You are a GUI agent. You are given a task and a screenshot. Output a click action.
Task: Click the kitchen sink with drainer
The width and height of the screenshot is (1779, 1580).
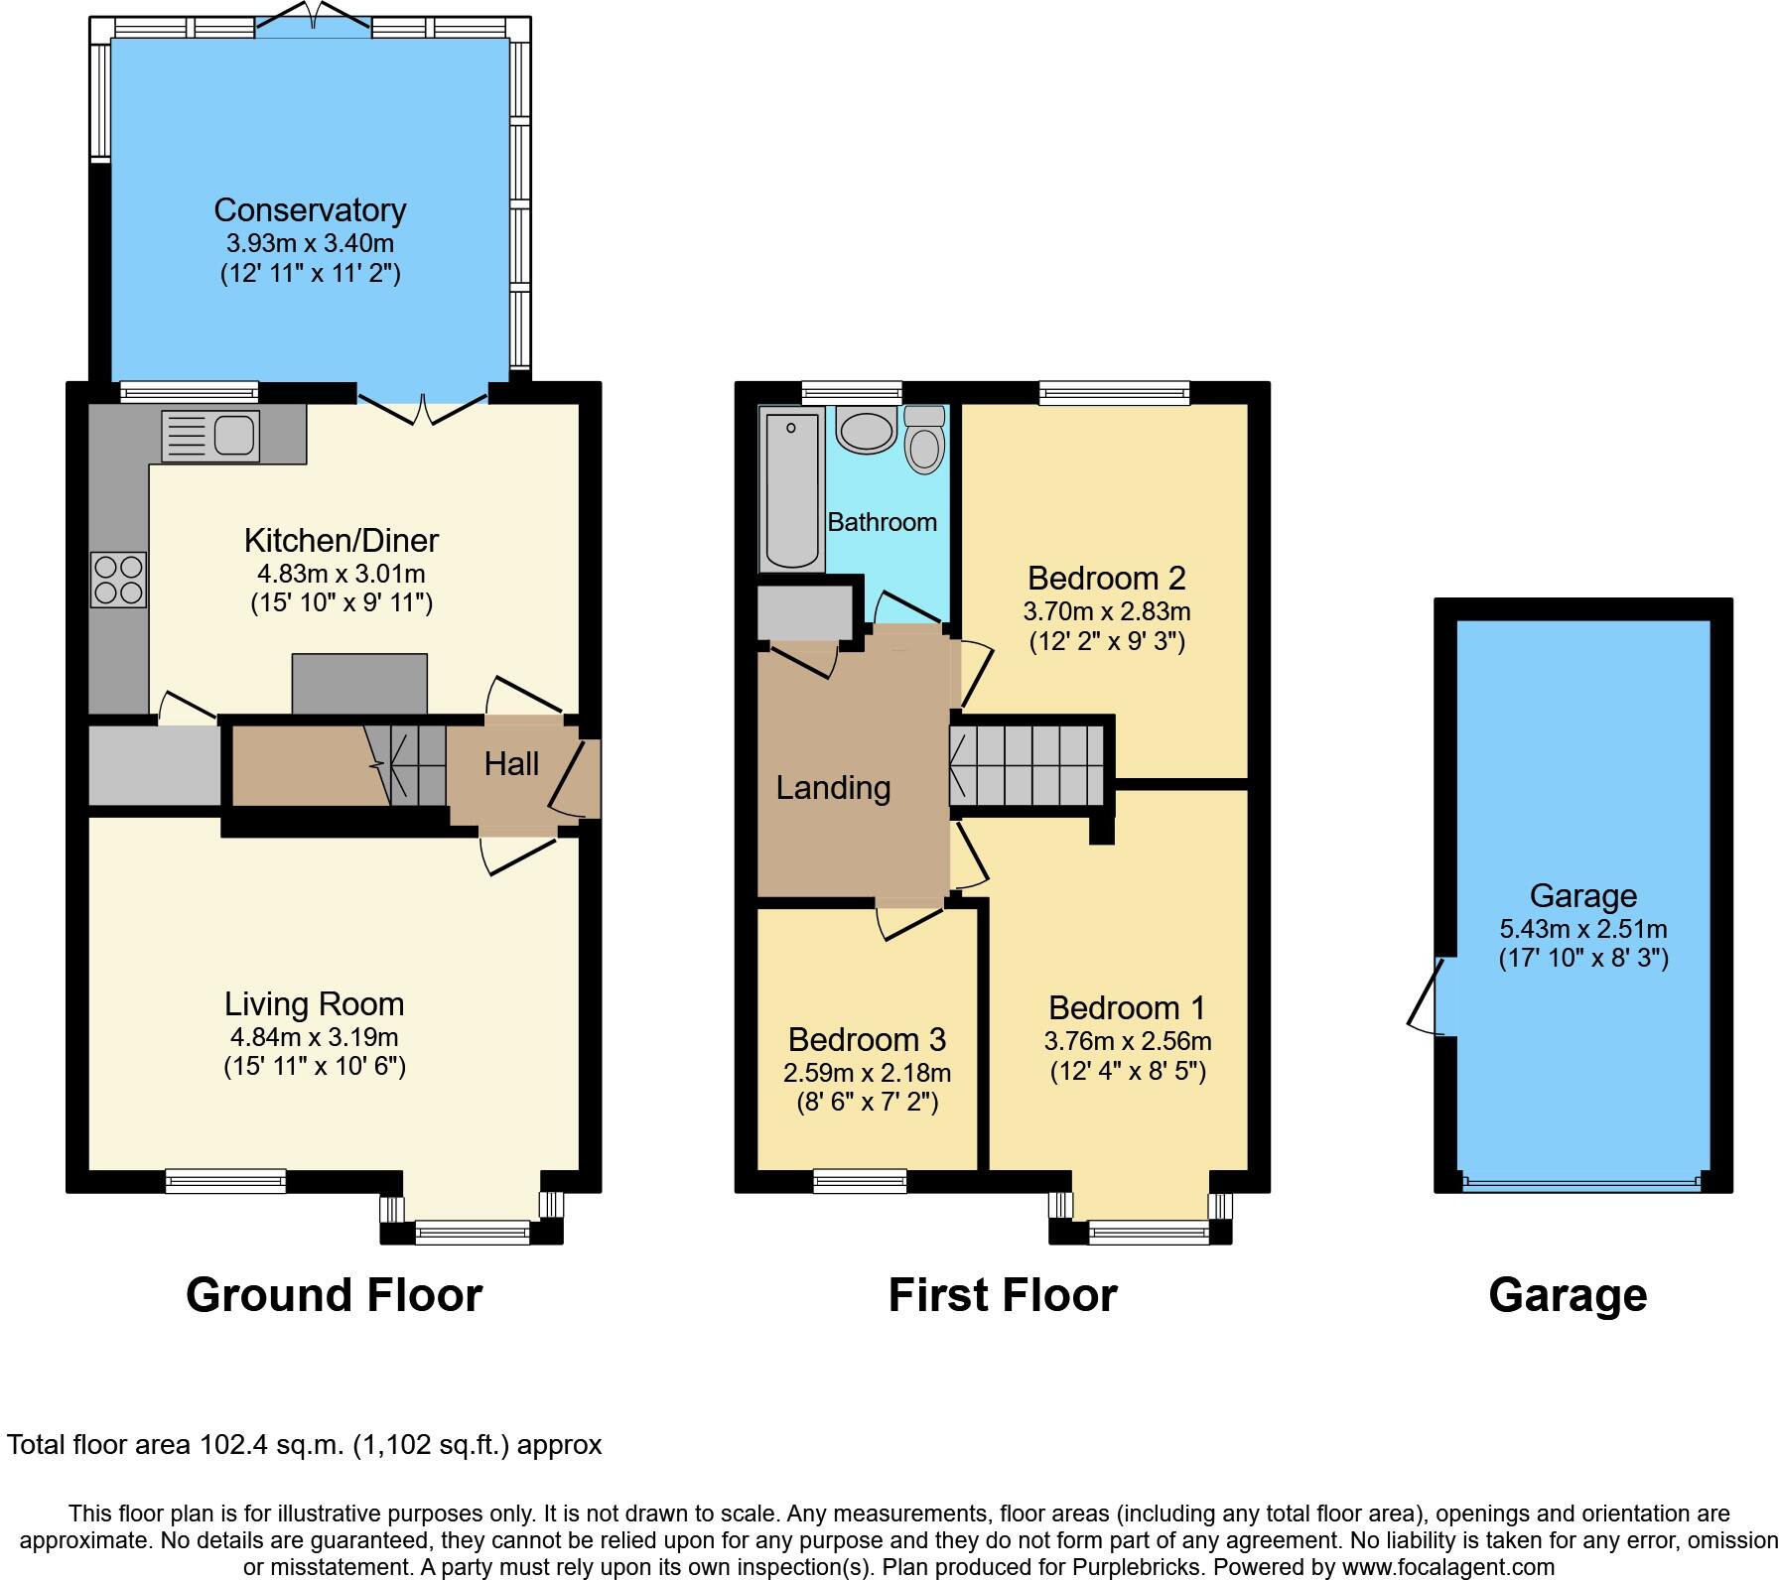[209, 436]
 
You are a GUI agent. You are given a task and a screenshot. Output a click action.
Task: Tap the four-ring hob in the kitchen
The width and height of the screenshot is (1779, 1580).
[118, 580]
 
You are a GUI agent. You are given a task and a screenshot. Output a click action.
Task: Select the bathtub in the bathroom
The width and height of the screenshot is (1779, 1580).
[791, 491]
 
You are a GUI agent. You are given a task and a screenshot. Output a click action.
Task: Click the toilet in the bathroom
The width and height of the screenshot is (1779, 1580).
[925, 440]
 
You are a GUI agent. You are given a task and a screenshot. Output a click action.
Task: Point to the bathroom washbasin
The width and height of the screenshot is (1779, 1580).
[867, 432]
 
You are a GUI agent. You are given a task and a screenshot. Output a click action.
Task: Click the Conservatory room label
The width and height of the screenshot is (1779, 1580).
[310, 210]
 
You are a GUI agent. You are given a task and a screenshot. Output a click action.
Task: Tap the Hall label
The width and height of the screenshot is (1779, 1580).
[511, 763]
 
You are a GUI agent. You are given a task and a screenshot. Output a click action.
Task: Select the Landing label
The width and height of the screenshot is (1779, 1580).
[833, 788]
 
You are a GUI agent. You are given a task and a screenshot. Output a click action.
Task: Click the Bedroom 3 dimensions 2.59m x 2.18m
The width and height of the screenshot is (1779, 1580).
[867, 1073]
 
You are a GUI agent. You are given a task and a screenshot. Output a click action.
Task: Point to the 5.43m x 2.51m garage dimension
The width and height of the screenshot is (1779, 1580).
[1582, 930]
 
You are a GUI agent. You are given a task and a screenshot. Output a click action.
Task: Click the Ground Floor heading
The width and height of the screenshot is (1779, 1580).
[334, 1295]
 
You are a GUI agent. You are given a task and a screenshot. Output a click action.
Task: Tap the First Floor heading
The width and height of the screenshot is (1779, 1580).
[1002, 1295]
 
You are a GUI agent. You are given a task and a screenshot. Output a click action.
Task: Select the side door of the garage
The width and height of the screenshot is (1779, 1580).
[1426, 995]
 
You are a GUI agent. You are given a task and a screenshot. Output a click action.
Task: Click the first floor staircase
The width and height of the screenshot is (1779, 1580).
[1026, 765]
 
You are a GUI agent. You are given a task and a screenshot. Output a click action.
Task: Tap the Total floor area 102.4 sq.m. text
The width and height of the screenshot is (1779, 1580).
[304, 1444]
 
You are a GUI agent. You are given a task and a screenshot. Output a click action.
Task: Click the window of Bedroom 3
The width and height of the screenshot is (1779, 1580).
[860, 1180]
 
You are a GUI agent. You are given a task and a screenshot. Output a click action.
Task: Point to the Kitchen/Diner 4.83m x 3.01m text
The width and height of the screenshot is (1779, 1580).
[341, 574]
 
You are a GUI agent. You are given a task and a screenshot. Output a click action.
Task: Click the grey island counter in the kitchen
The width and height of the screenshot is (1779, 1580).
[359, 684]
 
